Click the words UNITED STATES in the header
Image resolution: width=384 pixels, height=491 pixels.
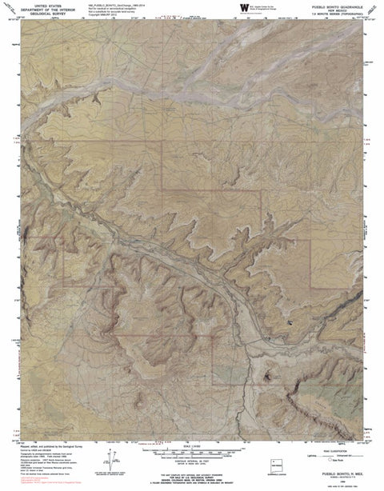coord(38,5)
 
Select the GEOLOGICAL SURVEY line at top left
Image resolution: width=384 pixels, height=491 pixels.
coord(38,14)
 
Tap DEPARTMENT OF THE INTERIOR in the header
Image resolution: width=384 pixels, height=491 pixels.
coord(38,9)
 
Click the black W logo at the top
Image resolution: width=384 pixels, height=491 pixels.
coord(242,7)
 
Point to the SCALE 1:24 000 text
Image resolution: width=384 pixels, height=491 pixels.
coord(192,445)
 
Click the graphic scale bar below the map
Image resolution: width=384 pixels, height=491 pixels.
coord(192,452)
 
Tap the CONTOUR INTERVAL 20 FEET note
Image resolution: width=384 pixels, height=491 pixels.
coord(192,462)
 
